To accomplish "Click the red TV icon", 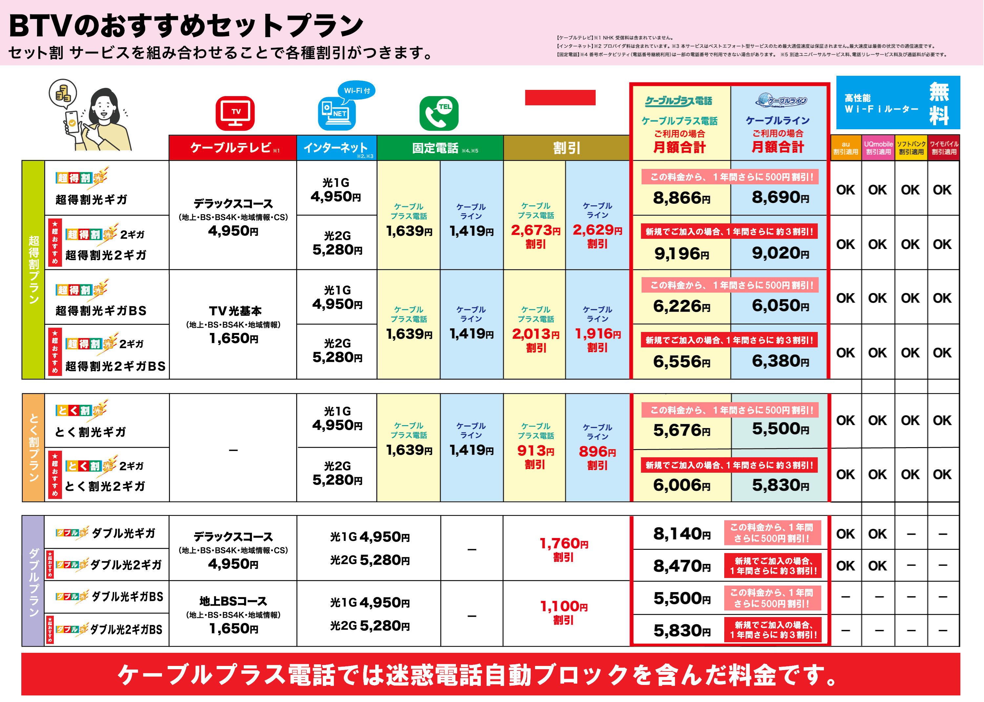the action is [235, 113].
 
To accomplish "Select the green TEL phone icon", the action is [439, 113].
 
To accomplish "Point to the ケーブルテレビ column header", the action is [233, 148].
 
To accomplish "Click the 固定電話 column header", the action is [440, 148].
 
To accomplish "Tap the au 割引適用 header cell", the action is [846, 148].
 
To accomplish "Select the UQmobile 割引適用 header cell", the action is [878, 148].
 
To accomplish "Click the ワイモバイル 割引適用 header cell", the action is [944, 148].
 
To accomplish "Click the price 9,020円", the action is [780, 253].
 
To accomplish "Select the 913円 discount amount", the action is [535, 451].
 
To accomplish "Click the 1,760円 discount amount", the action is [564, 543].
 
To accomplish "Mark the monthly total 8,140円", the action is [682, 534].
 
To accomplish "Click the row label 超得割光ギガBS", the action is [101, 311].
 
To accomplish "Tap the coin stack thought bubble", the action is [63, 93].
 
